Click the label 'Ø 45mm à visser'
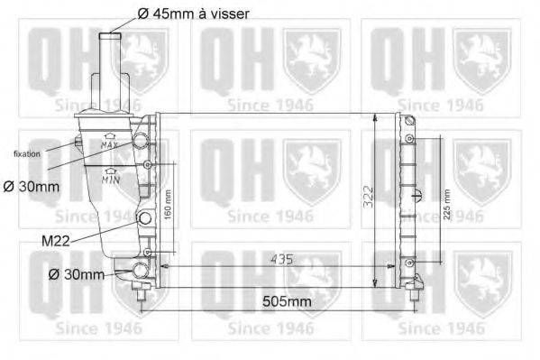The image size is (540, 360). point(193,14)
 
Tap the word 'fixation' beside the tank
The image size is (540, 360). point(26,154)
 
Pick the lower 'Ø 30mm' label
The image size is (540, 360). point(78,274)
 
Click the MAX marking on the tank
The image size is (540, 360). point(110,143)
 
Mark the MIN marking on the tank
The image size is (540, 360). point(110,178)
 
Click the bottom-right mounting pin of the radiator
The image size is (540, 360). point(416,290)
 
